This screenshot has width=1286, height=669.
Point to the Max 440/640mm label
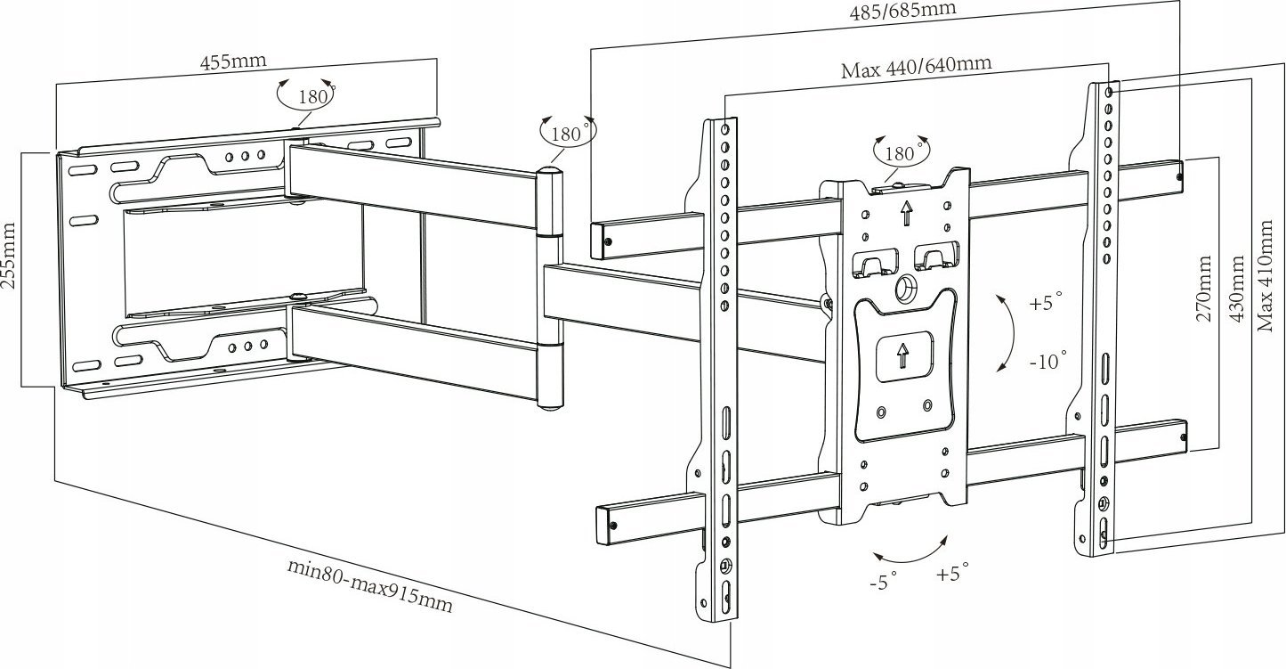point(917,67)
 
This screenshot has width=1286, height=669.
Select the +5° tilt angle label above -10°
point(1046,303)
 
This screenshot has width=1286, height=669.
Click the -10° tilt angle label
point(1047,361)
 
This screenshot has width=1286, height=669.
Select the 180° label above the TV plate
point(901,152)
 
